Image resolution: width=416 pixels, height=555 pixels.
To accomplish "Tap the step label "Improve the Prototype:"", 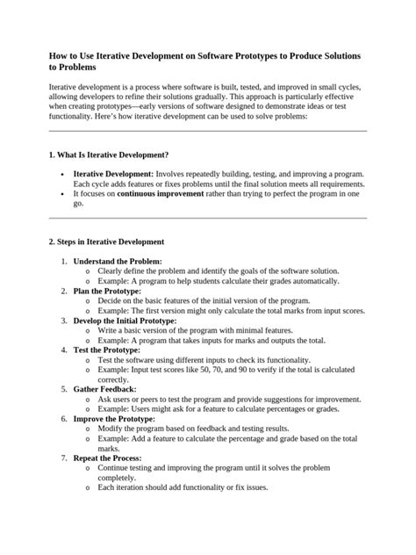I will click(116, 419).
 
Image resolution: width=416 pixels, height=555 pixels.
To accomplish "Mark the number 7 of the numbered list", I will click(63, 458).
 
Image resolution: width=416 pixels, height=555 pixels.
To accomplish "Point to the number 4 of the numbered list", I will click(63, 350).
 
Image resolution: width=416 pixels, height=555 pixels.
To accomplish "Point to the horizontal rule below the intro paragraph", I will click(207, 130).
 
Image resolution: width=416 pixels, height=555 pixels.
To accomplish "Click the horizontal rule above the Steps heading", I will click(207, 218).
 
